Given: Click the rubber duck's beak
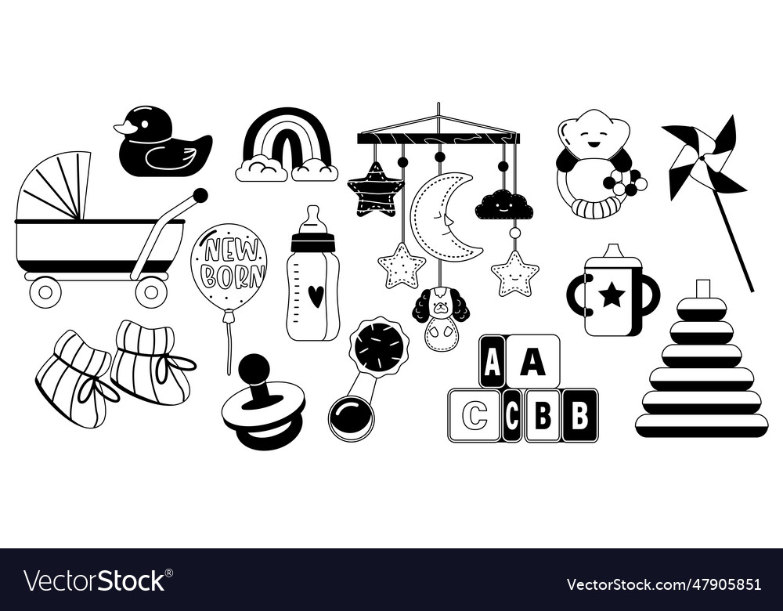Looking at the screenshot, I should point(123,128).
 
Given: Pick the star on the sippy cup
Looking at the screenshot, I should point(612,295).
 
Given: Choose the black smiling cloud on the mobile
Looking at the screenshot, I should point(504,206).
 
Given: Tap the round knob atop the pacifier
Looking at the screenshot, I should point(254,367).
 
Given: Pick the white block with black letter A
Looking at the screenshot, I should point(532,361).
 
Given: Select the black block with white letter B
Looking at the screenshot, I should point(580,415).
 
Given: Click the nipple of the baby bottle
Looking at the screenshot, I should point(312,215).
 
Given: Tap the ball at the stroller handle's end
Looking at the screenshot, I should point(200,195).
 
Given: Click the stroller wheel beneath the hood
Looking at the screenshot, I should point(45,292).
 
